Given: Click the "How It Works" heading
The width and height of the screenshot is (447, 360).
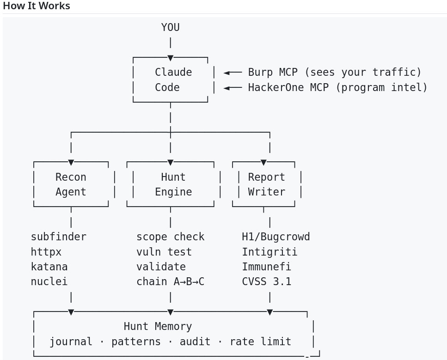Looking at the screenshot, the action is [x=37, y=6].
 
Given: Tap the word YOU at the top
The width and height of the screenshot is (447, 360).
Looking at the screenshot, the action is [x=171, y=27].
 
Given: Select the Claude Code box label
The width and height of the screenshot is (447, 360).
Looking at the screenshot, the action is [x=173, y=79].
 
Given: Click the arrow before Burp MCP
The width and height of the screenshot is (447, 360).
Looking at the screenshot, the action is [x=233, y=73].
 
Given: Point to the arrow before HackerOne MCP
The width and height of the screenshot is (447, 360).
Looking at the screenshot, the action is [x=233, y=88].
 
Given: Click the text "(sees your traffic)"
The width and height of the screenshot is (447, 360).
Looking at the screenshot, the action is [x=363, y=73].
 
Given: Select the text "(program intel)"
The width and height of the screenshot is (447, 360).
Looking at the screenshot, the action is [x=381, y=87].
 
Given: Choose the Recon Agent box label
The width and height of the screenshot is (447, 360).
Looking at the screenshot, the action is [x=71, y=184].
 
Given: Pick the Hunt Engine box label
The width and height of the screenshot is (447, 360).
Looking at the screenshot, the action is [x=173, y=184].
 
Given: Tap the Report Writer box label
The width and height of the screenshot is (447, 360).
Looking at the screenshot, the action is [x=267, y=184].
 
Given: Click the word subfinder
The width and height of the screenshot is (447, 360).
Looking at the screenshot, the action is [x=58, y=237].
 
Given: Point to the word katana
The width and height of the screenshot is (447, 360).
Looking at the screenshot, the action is [x=49, y=267].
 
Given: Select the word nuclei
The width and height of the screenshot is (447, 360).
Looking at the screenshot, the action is [x=49, y=281].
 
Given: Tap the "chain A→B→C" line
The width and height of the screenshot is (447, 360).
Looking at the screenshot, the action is [x=171, y=281].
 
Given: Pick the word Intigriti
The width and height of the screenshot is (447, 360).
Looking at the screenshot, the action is [x=269, y=252].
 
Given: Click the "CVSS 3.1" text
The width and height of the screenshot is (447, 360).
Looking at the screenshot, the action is [x=267, y=281].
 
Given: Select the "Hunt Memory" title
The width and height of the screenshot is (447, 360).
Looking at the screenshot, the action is [x=158, y=326].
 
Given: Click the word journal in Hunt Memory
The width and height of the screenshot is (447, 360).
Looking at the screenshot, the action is [x=71, y=342].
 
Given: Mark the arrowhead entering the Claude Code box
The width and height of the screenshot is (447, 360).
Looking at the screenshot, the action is [x=171, y=58].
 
